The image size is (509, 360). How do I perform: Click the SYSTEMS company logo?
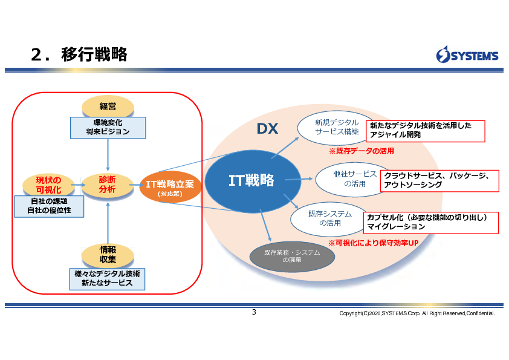coord(467,54)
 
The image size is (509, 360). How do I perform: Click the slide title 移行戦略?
coord(94,54)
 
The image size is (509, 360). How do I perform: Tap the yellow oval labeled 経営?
coord(108,106)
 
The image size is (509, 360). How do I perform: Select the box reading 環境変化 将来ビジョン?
coord(108,128)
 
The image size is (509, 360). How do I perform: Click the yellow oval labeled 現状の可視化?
coord(48,185)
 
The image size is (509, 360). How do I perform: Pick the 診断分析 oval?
coord(108,185)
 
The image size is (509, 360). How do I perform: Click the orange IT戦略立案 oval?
coord(170,186)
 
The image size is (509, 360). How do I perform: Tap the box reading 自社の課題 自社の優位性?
coord(49,206)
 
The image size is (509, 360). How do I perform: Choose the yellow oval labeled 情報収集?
coord(108,254)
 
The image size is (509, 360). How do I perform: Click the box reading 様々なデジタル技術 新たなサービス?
coord(107,279)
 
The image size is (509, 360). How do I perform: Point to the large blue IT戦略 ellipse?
coord(253,182)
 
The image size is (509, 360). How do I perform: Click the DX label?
coord(267,129)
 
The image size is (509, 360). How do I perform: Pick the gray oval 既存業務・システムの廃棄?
coord(292,257)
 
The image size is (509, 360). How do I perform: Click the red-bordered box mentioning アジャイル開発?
coord(425,131)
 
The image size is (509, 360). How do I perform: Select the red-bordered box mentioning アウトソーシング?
coord(439,181)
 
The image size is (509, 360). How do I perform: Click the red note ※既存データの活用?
coord(361,151)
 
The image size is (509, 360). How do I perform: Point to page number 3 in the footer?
coord(254,312)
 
